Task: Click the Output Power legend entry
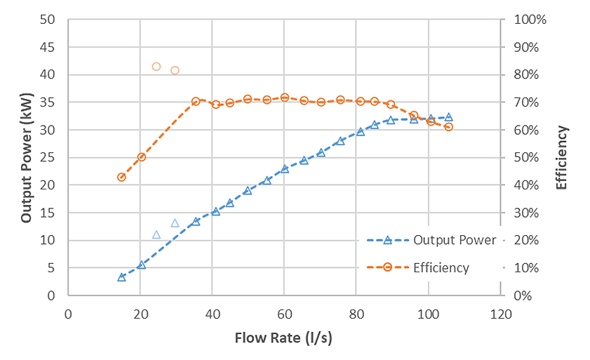[454, 240]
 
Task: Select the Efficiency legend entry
[441, 267]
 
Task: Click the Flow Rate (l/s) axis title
[283, 338]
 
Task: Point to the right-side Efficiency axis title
[561, 158]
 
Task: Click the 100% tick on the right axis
[530, 20]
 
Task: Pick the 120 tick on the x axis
[500, 313]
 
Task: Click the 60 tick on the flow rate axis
[284, 313]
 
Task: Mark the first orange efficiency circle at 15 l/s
[121, 178]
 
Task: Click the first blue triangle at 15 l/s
[121, 277]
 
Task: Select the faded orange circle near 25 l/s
[156, 67]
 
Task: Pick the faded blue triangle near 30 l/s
[175, 223]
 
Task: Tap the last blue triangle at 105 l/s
[448, 117]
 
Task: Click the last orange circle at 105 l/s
[448, 127]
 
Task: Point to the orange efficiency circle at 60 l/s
[284, 98]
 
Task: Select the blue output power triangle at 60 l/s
[284, 168]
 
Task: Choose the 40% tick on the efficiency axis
[526, 185]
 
